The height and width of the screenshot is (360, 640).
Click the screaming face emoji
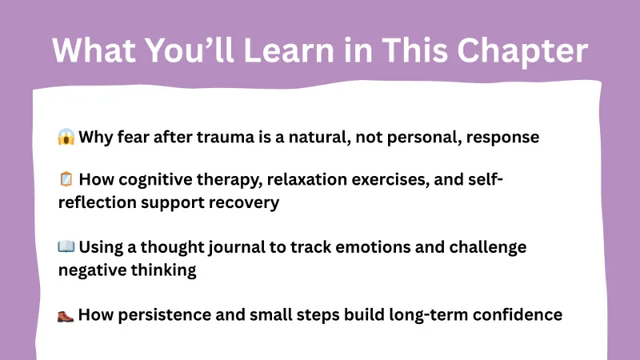66,137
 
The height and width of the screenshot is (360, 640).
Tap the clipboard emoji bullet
66,179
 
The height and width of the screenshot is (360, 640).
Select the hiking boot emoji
66,314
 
